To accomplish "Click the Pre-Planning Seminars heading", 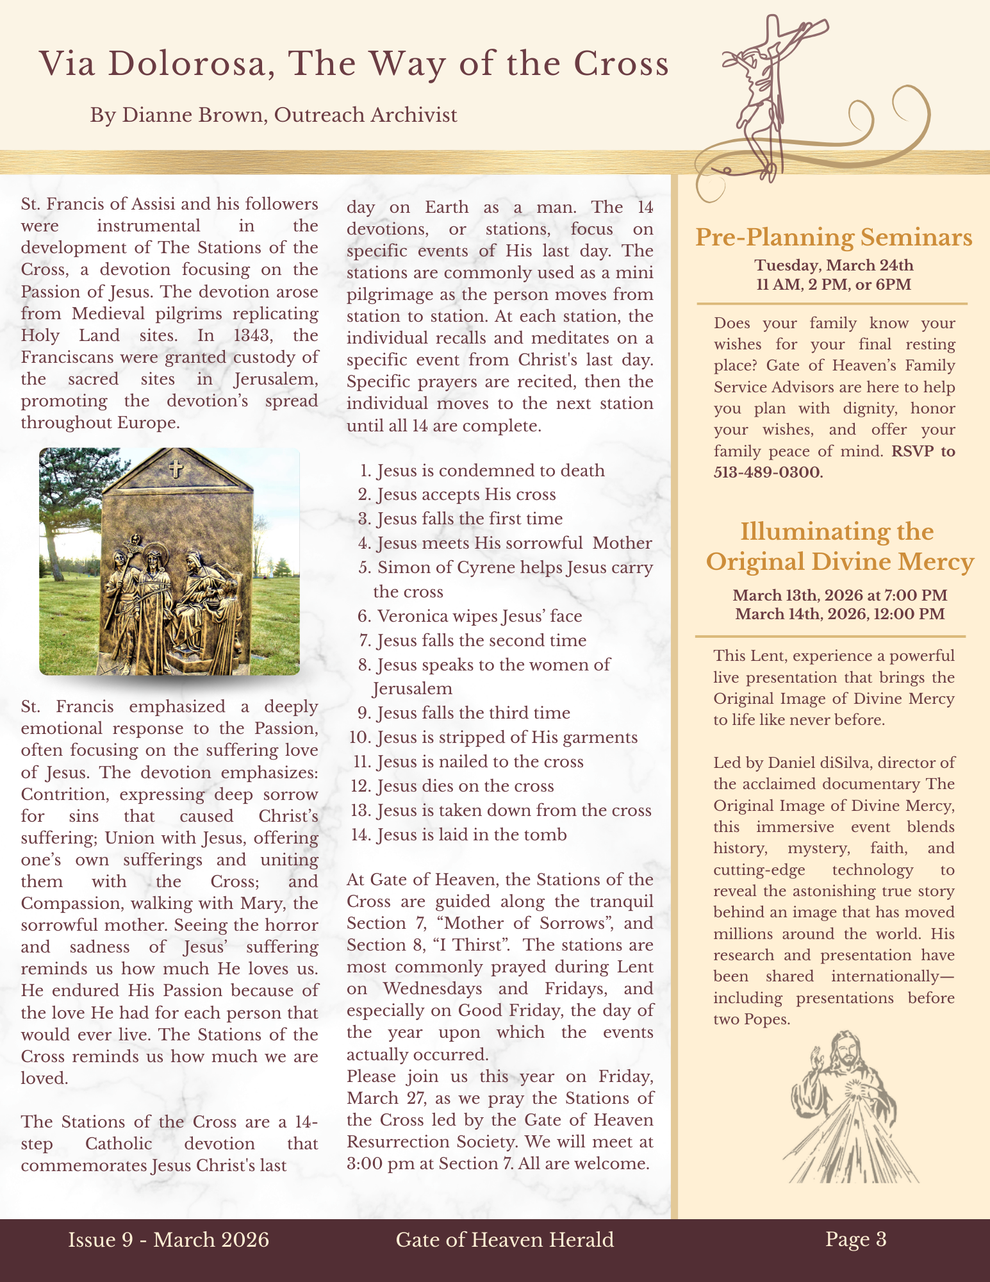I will pyautogui.click(x=834, y=237).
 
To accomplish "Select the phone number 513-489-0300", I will pyautogui.click(x=767, y=473).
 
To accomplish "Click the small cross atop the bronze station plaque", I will pyautogui.click(x=176, y=469).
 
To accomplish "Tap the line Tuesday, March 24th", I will pyautogui.click(x=834, y=265).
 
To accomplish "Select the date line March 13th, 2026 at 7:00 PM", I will pyautogui.click(x=839, y=595).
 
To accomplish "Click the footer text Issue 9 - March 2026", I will pyautogui.click(x=169, y=1240).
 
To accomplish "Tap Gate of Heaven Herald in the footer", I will pyautogui.click(x=504, y=1240).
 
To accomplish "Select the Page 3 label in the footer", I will pyautogui.click(x=855, y=1239).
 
